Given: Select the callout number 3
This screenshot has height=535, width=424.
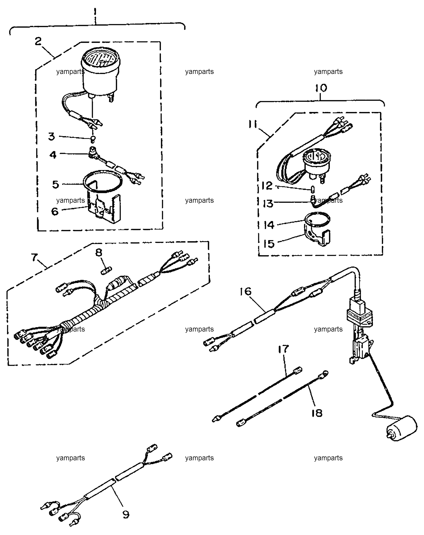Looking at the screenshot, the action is (x=52, y=137).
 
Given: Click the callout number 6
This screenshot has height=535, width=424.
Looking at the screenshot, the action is (x=55, y=212).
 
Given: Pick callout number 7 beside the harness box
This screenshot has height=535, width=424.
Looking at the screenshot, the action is (x=35, y=257).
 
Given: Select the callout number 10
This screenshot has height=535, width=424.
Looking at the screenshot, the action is (x=321, y=88).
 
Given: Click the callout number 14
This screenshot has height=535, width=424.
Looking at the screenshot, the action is (x=269, y=225).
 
